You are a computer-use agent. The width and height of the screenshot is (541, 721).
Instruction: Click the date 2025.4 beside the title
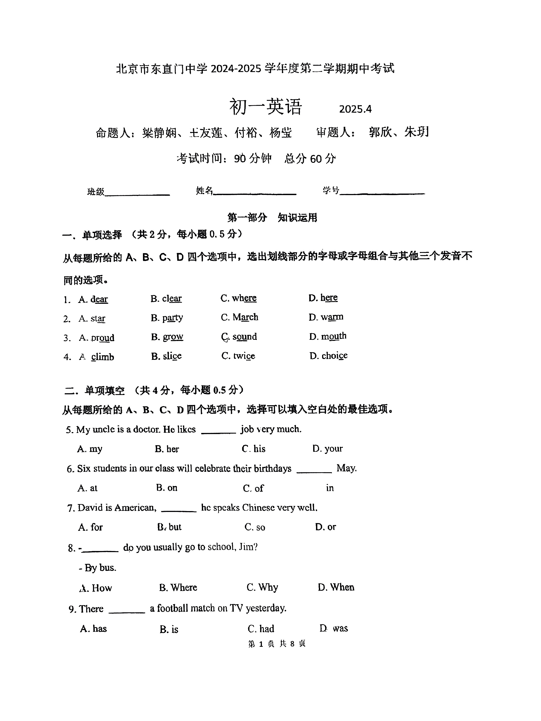pos(355,109)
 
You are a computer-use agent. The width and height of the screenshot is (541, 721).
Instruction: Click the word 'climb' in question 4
pos(103,357)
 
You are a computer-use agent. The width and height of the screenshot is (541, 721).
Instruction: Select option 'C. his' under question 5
pos(254,449)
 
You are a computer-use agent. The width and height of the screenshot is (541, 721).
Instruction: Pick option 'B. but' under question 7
pos(170,527)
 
